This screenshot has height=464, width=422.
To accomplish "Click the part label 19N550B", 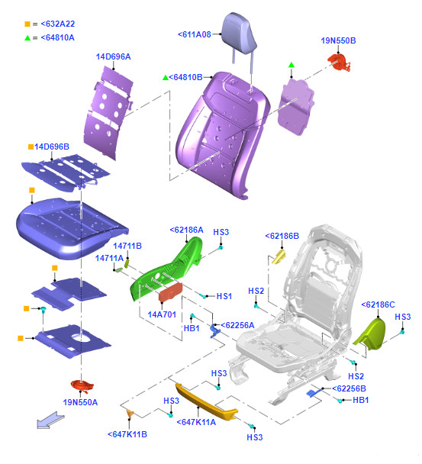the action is coord(338,40).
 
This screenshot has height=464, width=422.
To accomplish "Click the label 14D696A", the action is coord(114,56).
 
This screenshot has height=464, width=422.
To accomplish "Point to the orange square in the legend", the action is coord(27,24).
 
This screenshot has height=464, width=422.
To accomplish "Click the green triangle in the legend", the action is coord(27,38).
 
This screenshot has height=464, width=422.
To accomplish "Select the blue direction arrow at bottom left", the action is coord(50,420).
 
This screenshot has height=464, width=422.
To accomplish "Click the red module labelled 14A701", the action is coord(170,292).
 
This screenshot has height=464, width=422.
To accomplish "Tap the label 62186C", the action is coord(379,304).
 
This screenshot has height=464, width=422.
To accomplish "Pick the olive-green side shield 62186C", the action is coord(372,334).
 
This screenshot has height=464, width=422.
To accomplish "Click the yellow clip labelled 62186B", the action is coord(279,256).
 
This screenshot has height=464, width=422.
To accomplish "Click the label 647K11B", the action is coord(127,434).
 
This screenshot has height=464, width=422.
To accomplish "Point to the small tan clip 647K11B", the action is coord(130,414).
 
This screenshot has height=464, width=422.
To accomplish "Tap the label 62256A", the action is coord(237,325).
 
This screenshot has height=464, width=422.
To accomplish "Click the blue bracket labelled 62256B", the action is coord(312,393).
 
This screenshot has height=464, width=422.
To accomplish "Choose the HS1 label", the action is coord(224,296).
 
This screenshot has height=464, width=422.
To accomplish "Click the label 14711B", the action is coord(127,246).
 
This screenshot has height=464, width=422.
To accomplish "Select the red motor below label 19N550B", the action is coord(339,63).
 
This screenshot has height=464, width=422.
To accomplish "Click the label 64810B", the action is coord(185,77).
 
